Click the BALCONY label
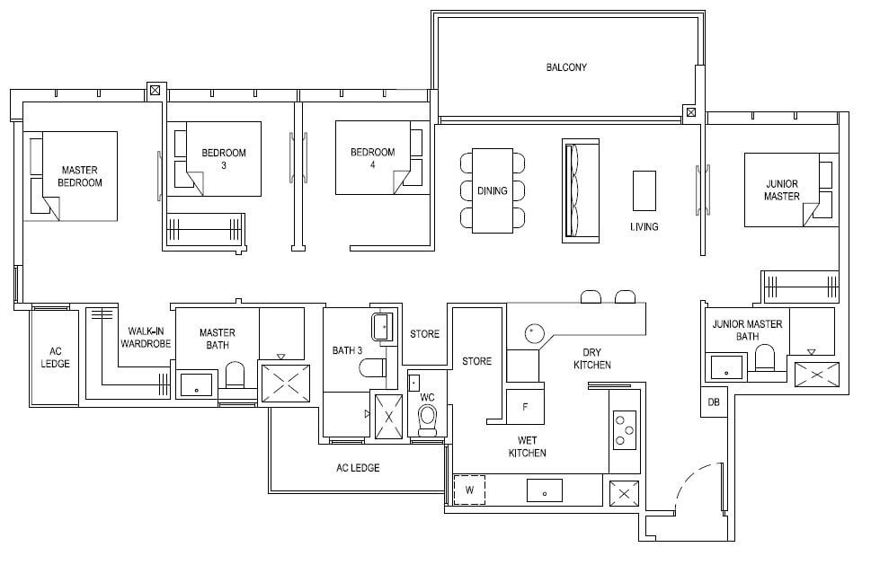click(x=566, y=67)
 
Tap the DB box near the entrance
click(x=713, y=402)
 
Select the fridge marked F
click(x=525, y=407)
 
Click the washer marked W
click(x=469, y=490)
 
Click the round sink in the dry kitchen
click(x=532, y=333)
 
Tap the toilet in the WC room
click(x=427, y=420)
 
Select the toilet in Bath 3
click(x=373, y=367)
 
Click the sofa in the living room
click(x=581, y=190)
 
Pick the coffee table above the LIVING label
click(x=644, y=190)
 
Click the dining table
click(x=493, y=190)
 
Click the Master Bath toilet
click(x=235, y=375)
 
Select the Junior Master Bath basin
click(x=726, y=366)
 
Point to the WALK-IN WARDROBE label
click(x=146, y=338)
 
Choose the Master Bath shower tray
click(x=285, y=384)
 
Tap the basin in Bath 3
click(x=382, y=327)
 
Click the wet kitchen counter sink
click(x=545, y=490)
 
